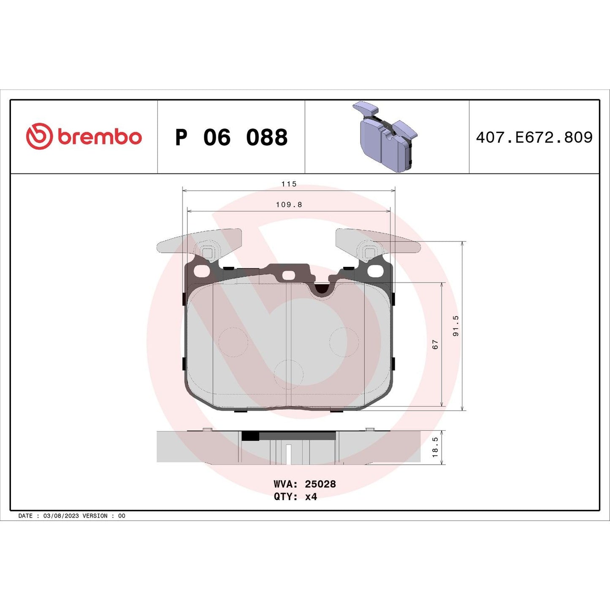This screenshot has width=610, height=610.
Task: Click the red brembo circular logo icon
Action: [39, 136]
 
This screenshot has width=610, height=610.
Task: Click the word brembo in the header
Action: [100, 137]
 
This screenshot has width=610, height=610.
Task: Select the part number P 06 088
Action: [231, 138]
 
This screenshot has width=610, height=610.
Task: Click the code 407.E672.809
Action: [534, 138]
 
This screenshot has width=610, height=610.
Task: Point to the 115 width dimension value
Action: [289, 184]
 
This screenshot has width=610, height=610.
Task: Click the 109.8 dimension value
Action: [289, 205]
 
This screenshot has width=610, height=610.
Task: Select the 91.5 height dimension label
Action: [455, 326]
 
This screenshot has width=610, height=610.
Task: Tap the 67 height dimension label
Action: [435, 344]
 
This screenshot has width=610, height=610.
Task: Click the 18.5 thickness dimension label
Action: [435, 447]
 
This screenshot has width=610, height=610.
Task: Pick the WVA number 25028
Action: [320, 484]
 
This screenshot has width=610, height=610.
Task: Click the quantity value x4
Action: [311, 497]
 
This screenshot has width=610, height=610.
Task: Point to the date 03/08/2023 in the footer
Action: [61, 516]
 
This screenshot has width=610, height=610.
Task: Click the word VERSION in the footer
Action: [95, 516]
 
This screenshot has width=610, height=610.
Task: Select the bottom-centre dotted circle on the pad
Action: [288, 374]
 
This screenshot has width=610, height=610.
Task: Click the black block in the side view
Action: [250, 436]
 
